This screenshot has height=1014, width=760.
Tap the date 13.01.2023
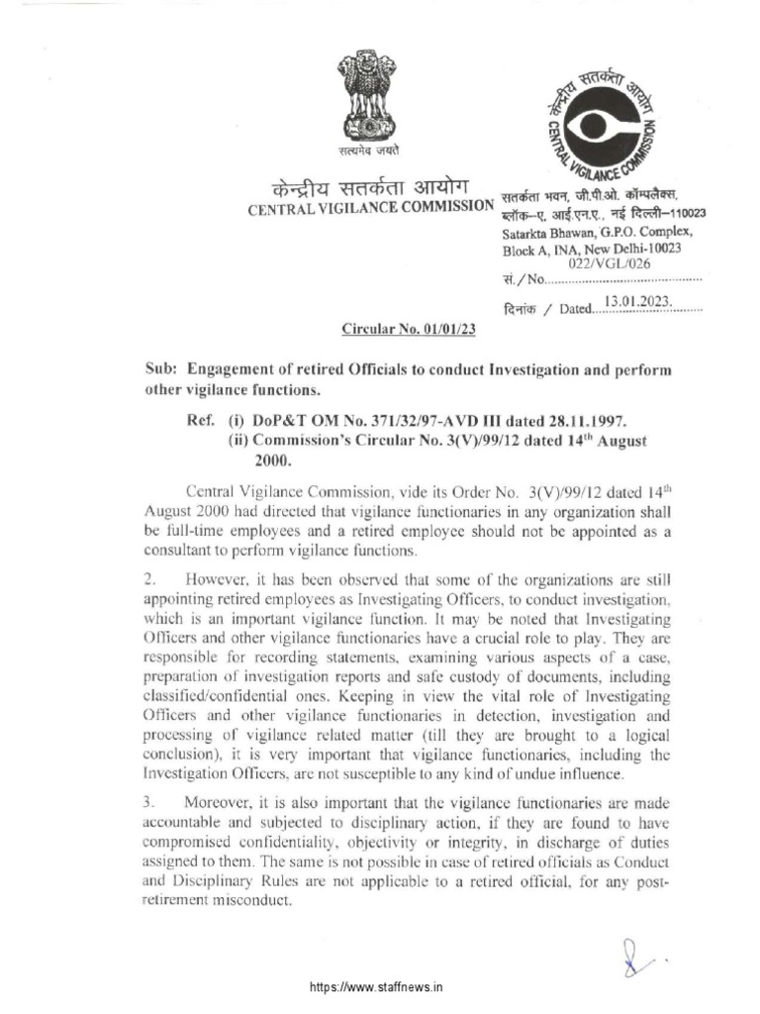click(644, 301)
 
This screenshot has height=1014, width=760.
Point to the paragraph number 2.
click(150, 576)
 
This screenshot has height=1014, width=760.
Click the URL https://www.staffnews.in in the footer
click(377, 988)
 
